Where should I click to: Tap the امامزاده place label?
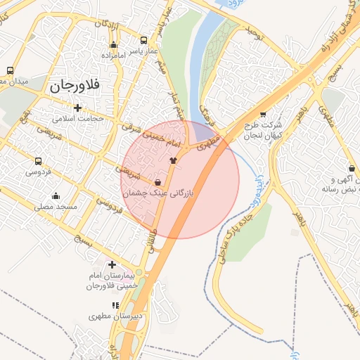point(112,55)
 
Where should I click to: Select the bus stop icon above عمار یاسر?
point(144,40)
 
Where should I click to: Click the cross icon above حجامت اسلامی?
point(77,108)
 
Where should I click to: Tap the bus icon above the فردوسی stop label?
point(37,160)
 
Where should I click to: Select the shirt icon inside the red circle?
point(173,160)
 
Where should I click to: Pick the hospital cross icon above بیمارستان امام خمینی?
point(112,264)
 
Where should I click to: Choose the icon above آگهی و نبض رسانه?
point(352,169)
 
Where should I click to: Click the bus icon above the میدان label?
point(10,70)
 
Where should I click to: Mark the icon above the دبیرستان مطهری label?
point(115,305)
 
